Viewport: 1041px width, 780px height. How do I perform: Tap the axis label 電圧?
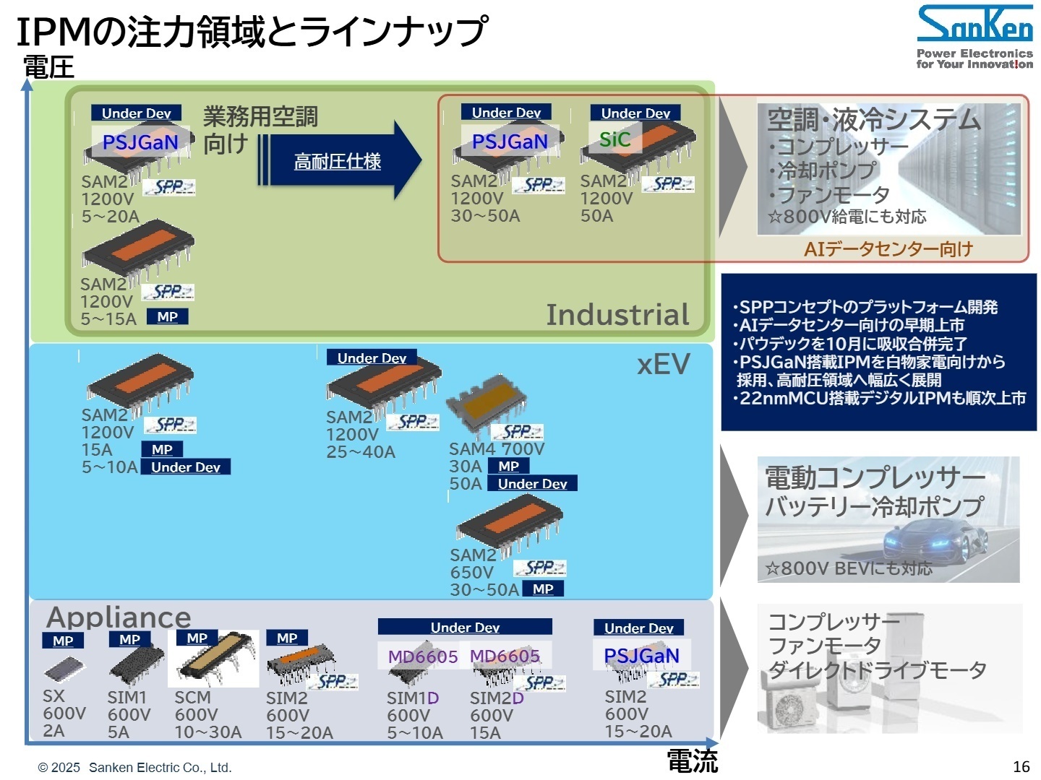coord(48,67)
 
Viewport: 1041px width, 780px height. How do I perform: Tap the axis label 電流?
coord(692,760)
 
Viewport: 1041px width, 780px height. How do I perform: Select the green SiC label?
coord(614,139)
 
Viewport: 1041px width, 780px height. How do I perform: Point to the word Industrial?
coord(617,315)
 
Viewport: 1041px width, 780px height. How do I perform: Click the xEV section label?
coord(663,365)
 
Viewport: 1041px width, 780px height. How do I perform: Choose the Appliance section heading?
coord(119,617)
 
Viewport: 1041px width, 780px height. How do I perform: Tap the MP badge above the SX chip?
coord(63,641)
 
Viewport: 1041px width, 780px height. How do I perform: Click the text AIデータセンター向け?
coord(888,249)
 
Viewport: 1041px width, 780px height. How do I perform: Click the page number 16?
coord(1021,766)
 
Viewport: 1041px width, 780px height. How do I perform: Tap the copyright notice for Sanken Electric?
coord(134,767)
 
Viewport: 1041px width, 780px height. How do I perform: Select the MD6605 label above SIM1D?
coord(422,656)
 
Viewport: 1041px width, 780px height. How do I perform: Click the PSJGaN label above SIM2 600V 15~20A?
coord(641,655)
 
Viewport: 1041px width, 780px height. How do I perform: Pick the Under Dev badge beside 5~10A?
coord(186,467)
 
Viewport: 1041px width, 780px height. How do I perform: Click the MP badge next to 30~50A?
coord(543,589)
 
